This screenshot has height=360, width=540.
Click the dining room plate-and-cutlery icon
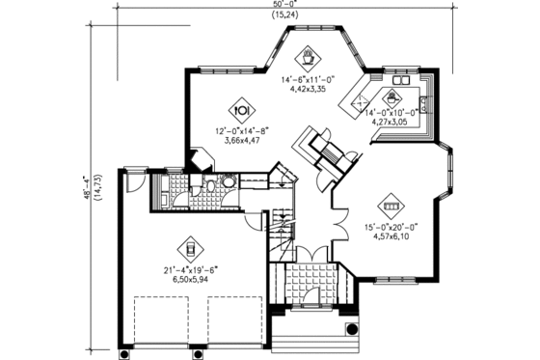click(x=242, y=108)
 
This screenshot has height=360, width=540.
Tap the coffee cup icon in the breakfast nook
click(x=310, y=55)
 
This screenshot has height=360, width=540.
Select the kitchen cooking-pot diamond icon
click(x=392, y=97)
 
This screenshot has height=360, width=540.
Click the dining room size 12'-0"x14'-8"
click(x=240, y=129)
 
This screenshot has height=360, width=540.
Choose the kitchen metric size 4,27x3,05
click(x=391, y=123)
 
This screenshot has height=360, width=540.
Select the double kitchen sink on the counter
click(x=425, y=101)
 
